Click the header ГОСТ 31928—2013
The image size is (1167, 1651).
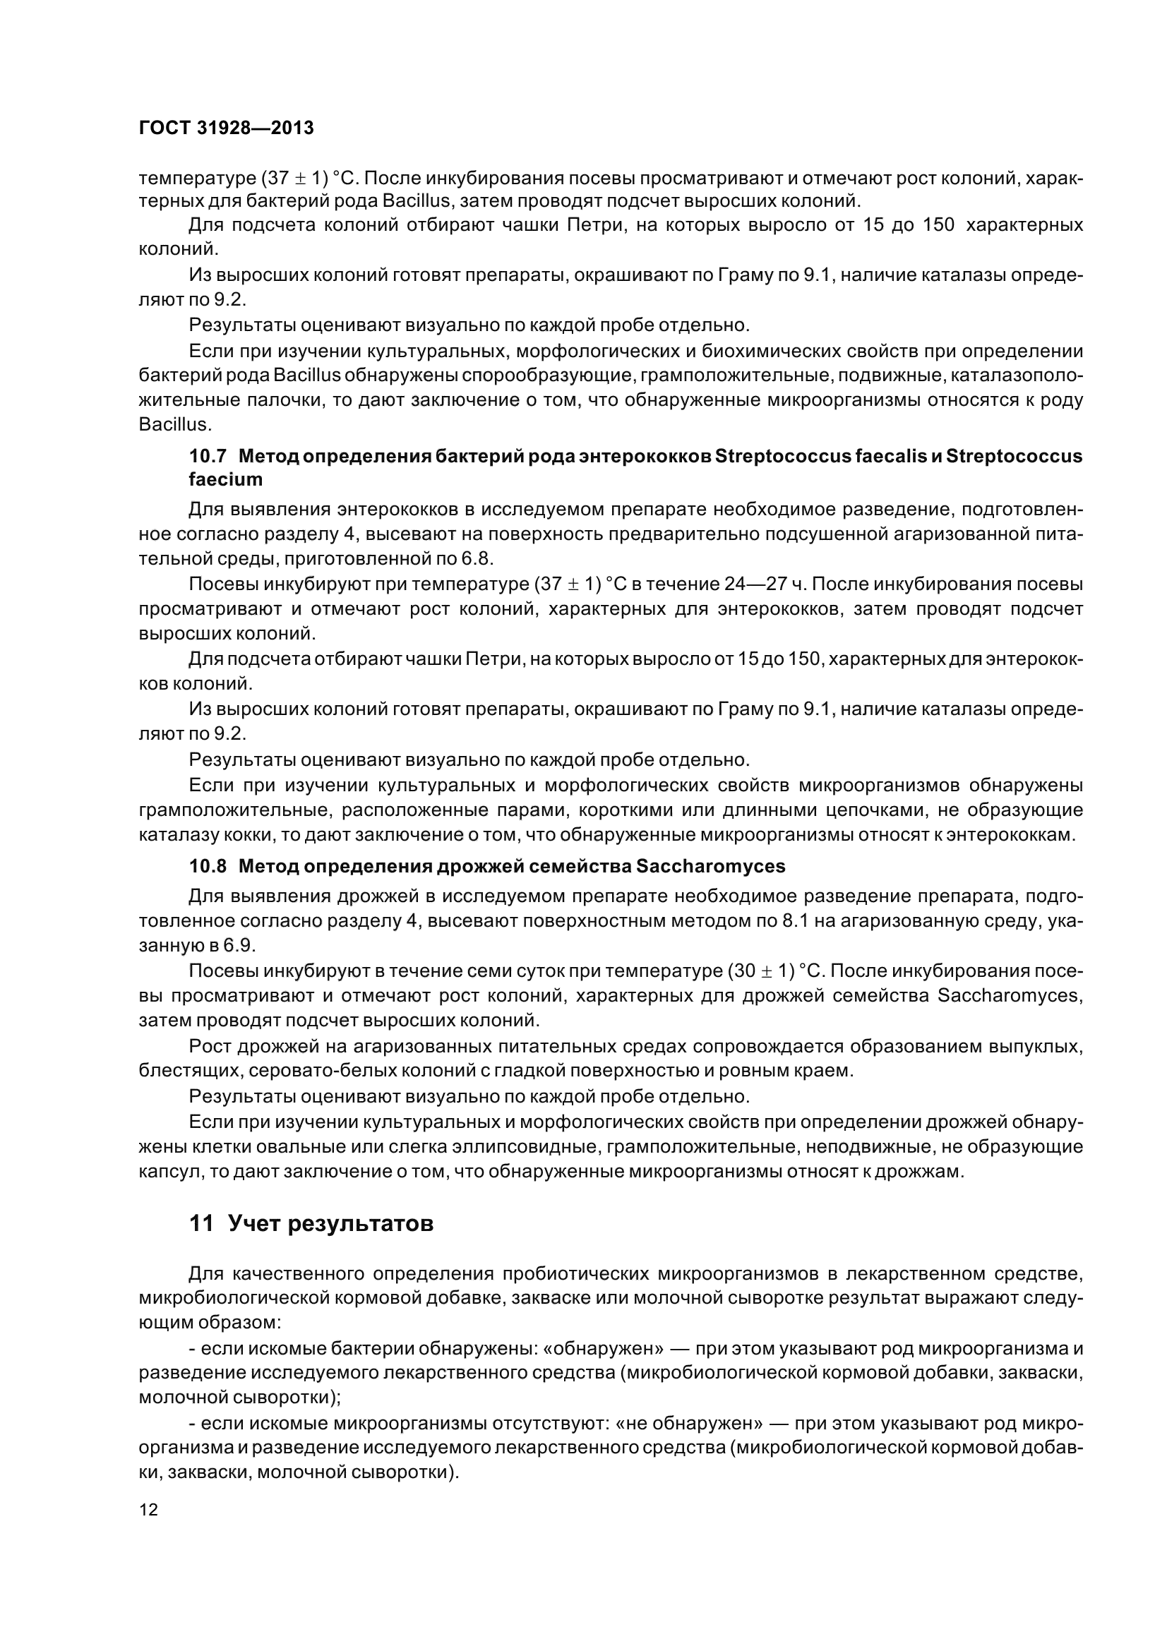pyautogui.click(x=226, y=128)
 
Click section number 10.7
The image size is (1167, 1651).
pyautogui.click(x=208, y=457)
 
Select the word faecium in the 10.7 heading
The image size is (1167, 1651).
pyautogui.click(x=226, y=479)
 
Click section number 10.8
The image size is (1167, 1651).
pyautogui.click(x=208, y=867)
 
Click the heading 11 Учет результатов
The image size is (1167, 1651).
pyautogui.click(x=311, y=1223)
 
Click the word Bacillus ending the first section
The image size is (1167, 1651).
pyautogui.click(x=173, y=425)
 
